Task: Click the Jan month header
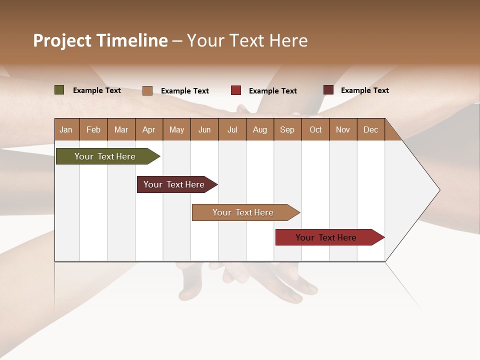(x=66, y=129)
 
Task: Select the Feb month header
(x=93, y=129)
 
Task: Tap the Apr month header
(x=148, y=129)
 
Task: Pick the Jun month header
(x=204, y=129)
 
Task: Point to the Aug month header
(x=259, y=129)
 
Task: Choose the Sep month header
(x=287, y=129)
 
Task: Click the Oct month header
(x=315, y=129)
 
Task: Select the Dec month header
(x=370, y=129)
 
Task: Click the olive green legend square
(x=59, y=90)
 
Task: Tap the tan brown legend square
(x=147, y=90)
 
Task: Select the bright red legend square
(x=236, y=90)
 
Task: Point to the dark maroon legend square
(x=328, y=90)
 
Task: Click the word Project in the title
(x=62, y=40)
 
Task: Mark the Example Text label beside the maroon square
(x=364, y=90)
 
